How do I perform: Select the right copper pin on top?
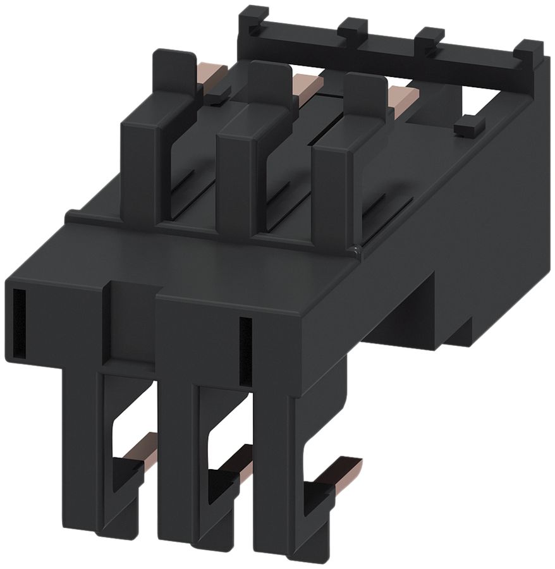403,95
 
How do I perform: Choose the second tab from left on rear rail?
353,28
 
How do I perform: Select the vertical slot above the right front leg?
245,351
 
